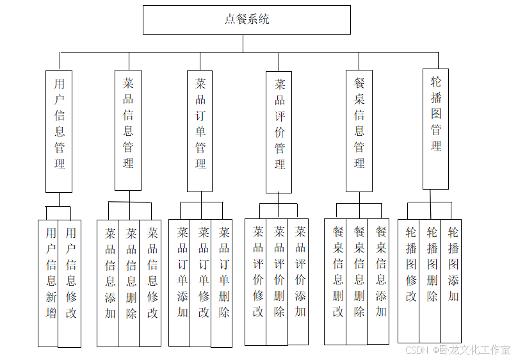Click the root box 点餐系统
(247, 20)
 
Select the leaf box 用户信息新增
(49, 282)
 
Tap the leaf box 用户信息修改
(70, 282)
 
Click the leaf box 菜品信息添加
(108, 282)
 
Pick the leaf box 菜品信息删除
(129, 282)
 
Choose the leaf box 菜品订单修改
(201, 282)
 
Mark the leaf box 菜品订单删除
(222, 282)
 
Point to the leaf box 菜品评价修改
(256, 281)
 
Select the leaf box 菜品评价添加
(298, 281)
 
